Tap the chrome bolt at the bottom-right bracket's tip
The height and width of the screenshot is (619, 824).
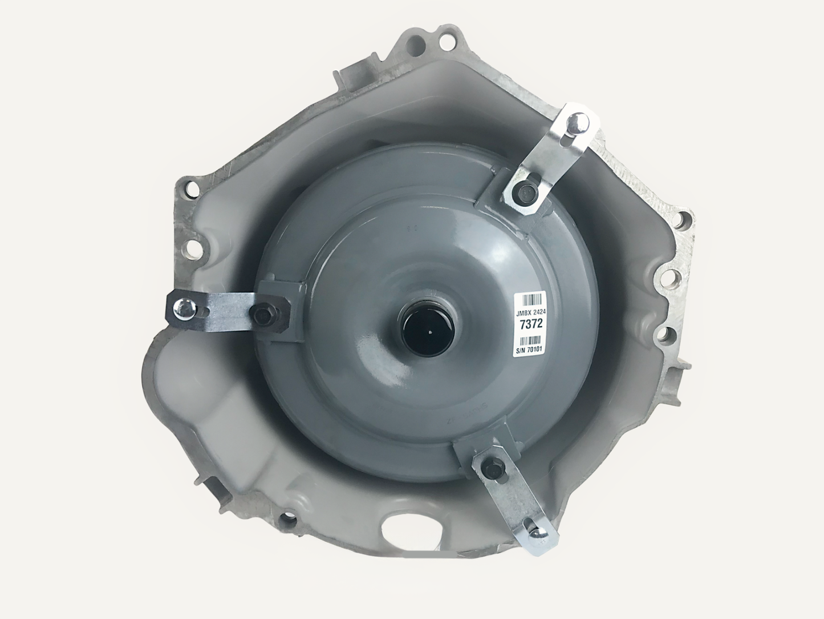coord(538,532)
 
